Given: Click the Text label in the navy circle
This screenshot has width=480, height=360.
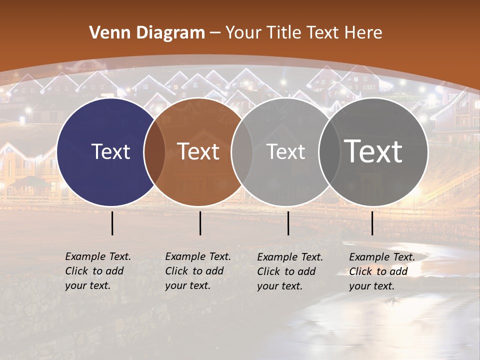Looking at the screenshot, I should coord(110,151).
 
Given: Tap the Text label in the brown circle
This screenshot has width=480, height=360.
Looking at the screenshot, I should coord(198,151).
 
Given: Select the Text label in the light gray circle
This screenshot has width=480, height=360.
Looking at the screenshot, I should coord(286,151).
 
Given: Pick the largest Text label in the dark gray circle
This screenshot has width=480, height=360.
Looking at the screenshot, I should coord(373,151).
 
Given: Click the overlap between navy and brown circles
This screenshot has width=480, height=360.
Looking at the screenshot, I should coord(154,152).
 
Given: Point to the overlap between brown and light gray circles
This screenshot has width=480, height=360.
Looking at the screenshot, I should coord(242,152).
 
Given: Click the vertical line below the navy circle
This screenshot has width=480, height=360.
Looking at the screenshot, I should coord(112,223).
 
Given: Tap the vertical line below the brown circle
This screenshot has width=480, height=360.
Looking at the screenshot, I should coord(200,223).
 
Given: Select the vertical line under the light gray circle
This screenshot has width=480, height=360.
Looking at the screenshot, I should coord(288,223).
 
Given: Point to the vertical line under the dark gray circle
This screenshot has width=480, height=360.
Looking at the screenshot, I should coord(372,223).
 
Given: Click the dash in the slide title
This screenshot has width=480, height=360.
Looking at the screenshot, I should coord(215,33).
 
